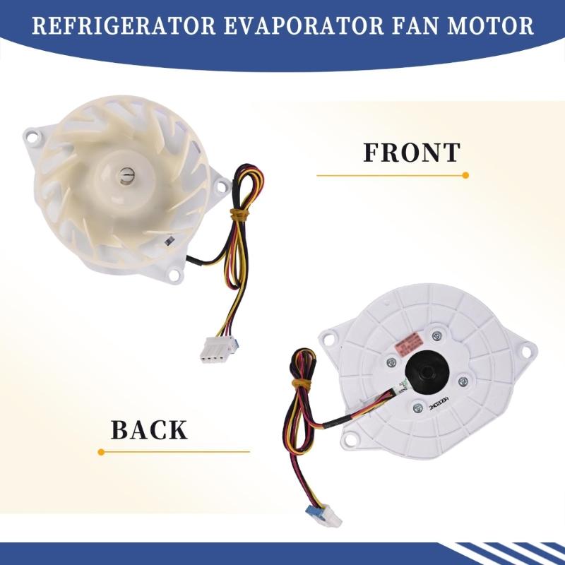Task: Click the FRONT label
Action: click(412, 153)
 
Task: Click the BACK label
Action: click(148, 429)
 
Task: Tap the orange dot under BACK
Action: click(102, 451)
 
